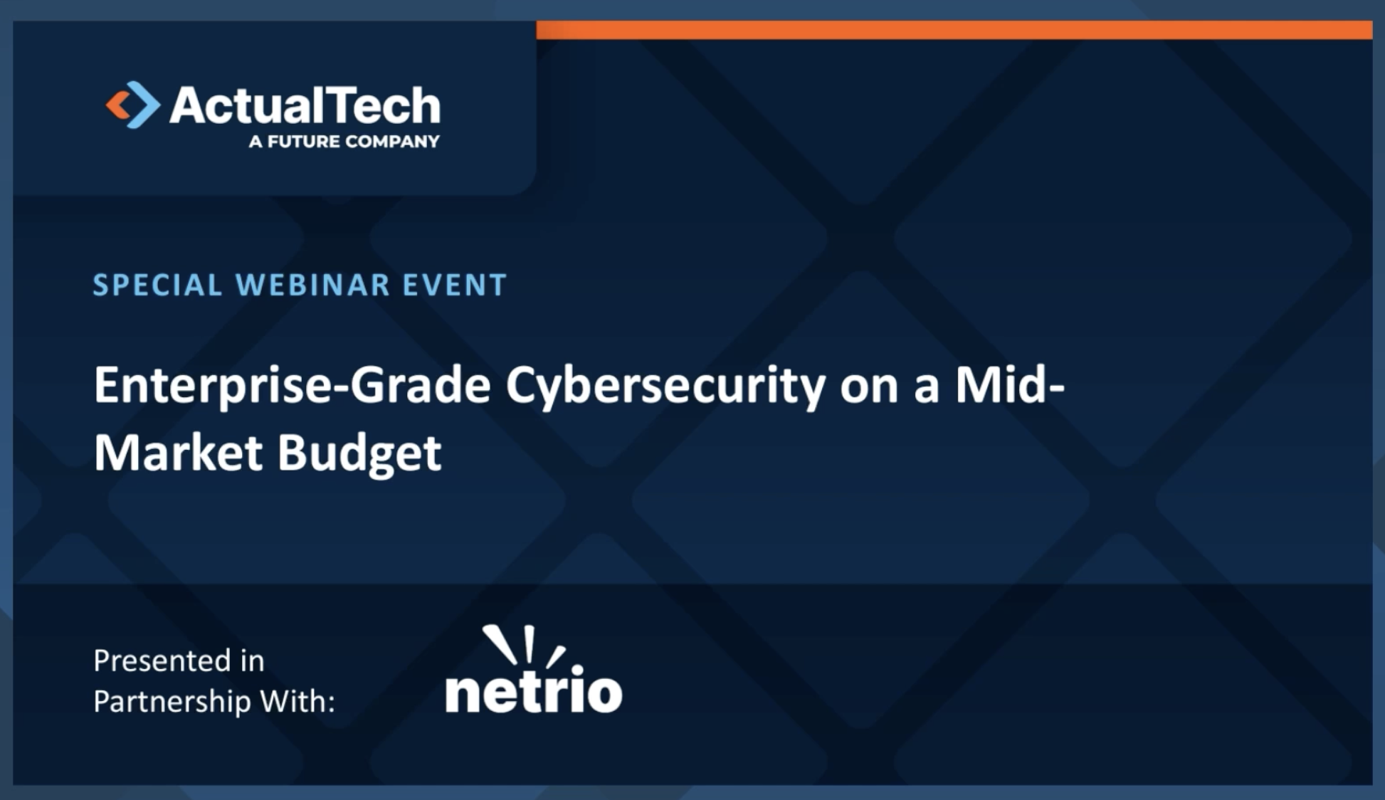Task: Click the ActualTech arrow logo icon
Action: tap(132, 105)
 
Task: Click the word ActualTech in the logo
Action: tap(305, 105)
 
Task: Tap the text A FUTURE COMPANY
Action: tap(344, 142)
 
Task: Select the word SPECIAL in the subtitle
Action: tap(157, 285)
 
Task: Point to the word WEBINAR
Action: tap(313, 285)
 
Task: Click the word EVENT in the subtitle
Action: tap(455, 285)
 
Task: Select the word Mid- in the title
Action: tap(1010, 384)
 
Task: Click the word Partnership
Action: tap(172, 702)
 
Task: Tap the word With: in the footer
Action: tap(297, 701)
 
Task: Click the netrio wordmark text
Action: tap(534, 689)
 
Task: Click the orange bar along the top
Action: tap(954, 30)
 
